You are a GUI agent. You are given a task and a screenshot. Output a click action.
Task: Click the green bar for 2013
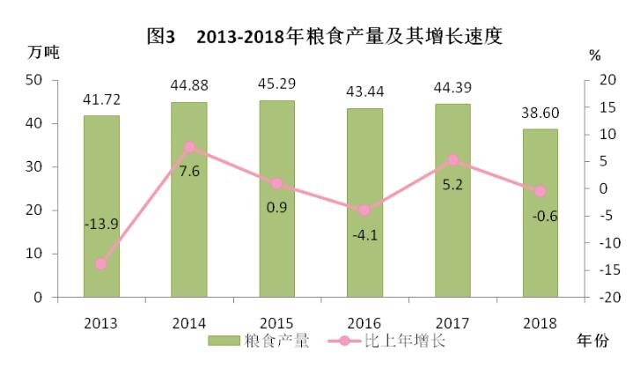pos(101,206)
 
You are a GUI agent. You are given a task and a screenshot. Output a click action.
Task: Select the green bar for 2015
pos(276,199)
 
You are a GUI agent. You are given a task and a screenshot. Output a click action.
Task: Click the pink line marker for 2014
pos(189,147)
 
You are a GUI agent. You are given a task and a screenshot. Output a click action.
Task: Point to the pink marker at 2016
pos(364,210)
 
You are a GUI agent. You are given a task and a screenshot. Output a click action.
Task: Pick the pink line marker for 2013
pos(101,263)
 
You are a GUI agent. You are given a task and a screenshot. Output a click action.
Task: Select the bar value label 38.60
pos(540,113)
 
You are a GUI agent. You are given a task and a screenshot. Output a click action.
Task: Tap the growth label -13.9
pos(102,225)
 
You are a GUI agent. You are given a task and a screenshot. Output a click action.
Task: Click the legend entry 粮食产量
pos(259,341)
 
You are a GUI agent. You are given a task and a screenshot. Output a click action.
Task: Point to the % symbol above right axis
pos(595,55)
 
